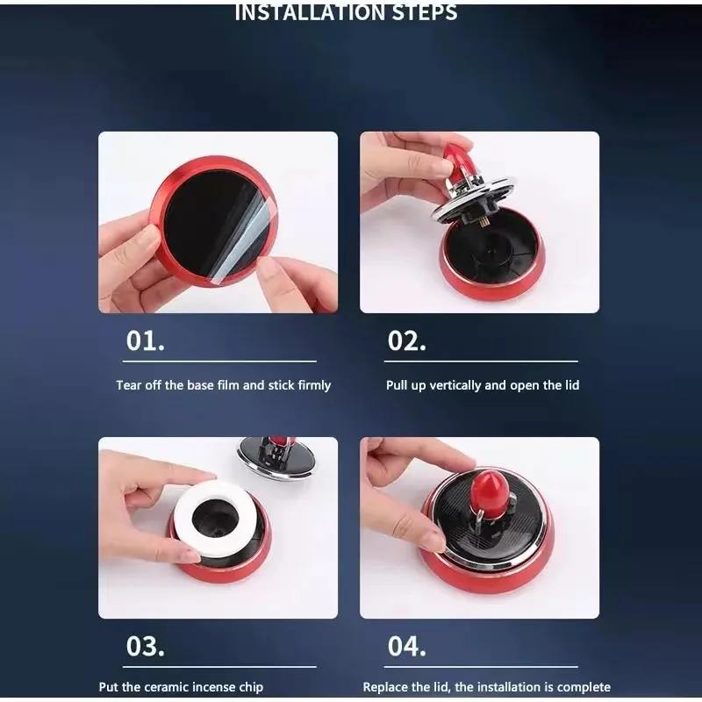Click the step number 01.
(145, 340)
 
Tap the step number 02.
(406, 340)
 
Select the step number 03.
(145, 647)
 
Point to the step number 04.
(406, 647)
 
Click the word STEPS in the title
(425, 12)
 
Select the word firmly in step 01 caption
(314, 385)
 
